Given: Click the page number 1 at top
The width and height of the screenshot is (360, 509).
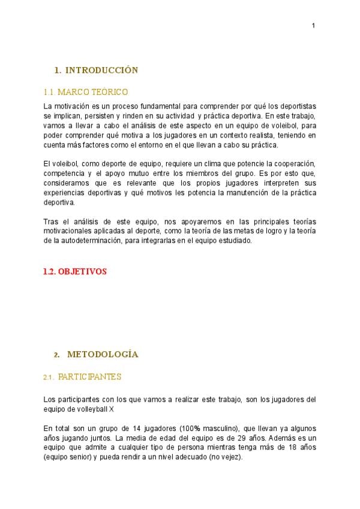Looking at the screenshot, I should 313,25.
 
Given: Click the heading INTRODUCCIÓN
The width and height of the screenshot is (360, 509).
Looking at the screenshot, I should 101,70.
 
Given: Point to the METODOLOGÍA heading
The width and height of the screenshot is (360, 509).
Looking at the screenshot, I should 103,354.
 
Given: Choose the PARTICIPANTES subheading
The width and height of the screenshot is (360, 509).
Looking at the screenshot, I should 89,377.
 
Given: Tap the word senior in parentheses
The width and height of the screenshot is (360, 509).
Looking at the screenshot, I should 83,457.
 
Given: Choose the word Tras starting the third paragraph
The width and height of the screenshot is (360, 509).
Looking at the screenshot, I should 50,221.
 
